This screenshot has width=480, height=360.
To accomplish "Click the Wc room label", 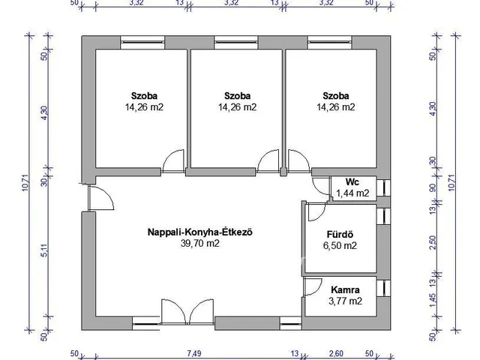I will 351,182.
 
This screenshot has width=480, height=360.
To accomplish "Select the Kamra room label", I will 345,290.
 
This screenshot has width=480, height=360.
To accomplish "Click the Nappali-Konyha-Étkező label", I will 199,232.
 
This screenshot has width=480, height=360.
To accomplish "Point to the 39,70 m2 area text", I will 199,243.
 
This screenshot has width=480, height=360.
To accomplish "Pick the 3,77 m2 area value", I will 345,301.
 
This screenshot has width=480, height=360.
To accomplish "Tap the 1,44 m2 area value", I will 351,193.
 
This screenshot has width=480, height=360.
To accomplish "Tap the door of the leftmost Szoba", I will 173,160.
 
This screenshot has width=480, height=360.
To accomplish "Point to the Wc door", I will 321,188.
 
